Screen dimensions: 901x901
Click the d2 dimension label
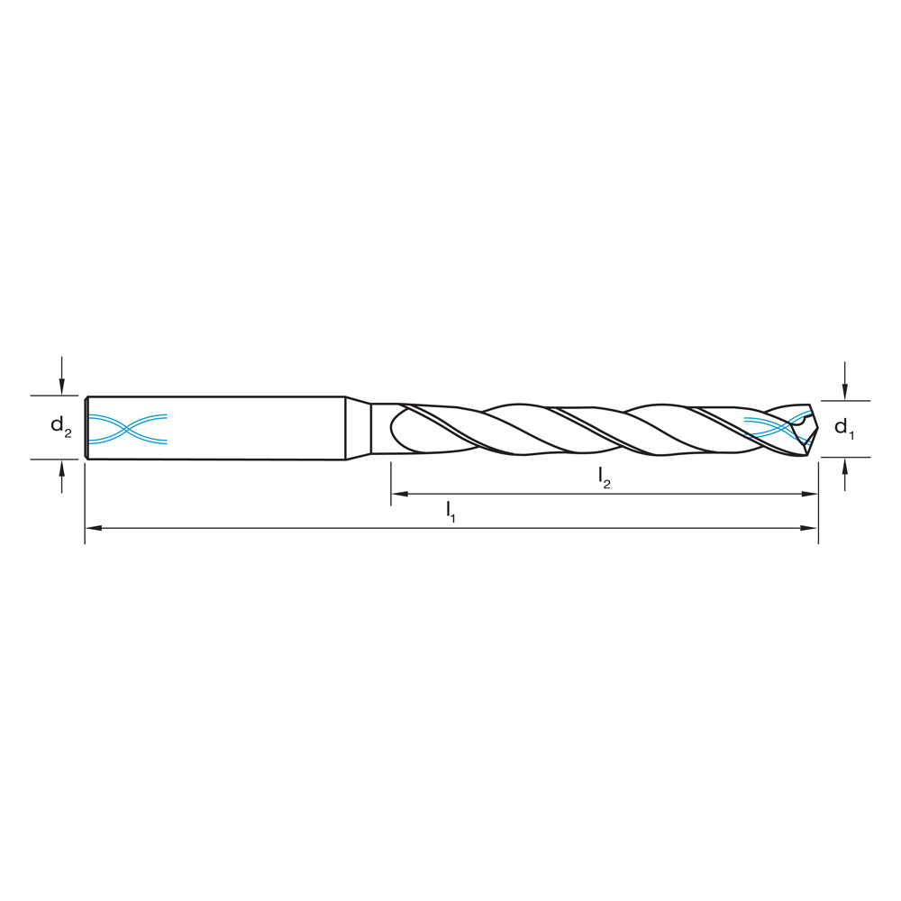(x=60, y=427)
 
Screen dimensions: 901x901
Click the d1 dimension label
(x=843, y=428)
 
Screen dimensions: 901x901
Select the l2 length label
(x=605, y=478)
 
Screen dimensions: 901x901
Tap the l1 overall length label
(x=450, y=512)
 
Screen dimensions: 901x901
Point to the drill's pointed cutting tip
(x=816, y=430)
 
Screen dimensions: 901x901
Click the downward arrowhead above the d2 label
(x=61, y=387)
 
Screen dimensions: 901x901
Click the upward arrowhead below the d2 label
(x=61, y=467)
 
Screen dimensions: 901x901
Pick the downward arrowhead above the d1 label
(x=844, y=392)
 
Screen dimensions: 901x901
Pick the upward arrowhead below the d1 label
(x=844, y=465)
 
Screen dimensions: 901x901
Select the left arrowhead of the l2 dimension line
(x=398, y=494)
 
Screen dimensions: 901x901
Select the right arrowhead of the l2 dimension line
(x=810, y=494)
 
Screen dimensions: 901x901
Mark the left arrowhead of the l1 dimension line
(x=92, y=528)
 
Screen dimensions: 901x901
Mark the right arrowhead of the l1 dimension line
(x=810, y=528)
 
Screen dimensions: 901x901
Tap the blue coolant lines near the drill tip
(x=766, y=425)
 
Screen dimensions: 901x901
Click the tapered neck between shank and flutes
(x=359, y=428)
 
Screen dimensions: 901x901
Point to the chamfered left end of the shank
(x=86, y=428)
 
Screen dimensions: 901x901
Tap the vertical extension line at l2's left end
(x=391, y=482)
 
